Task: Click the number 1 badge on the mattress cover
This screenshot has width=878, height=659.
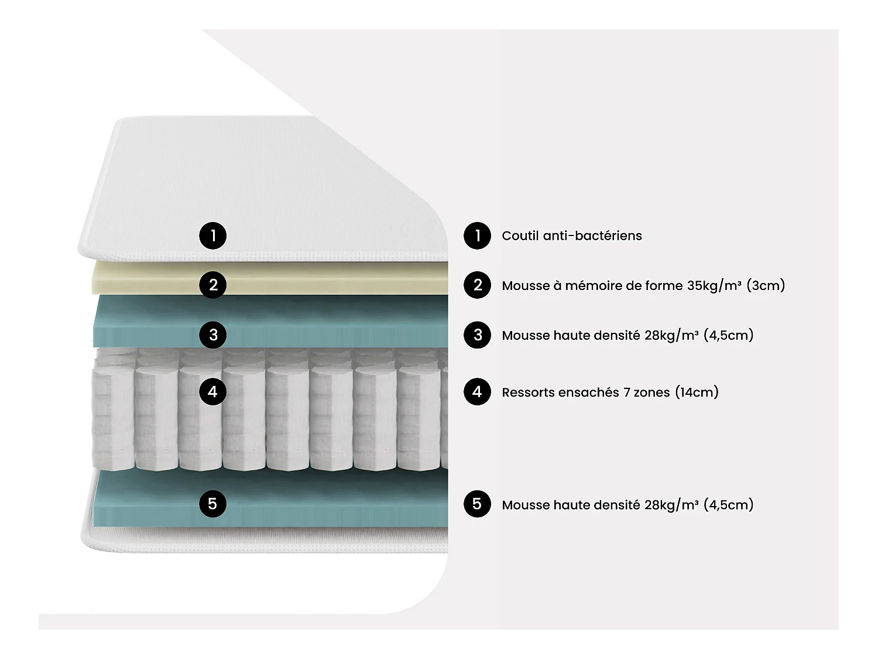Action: (x=213, y=235)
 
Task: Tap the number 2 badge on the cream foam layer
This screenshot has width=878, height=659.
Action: (x=213, y=285)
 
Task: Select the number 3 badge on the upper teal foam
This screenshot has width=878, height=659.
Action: (x=213, y=335)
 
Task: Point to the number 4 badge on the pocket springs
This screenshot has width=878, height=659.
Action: (x=213, y=392)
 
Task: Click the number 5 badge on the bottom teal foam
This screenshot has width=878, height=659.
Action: (x=213, y=504)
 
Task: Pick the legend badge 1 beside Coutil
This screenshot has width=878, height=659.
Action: (x=477, y=235)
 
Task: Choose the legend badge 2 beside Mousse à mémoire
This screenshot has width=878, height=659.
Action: (x=477, y=285)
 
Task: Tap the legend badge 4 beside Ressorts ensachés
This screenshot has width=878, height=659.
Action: (x=477, y=392)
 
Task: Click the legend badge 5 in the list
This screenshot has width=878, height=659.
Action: (x=477, y=504)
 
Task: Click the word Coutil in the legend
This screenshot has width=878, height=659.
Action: (x=520, y=235)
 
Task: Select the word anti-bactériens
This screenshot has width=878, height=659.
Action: (x=592, y=235)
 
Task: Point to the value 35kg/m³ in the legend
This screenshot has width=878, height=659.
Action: (x=714, y=286)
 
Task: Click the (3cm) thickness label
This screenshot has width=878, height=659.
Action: (x=766, y=286)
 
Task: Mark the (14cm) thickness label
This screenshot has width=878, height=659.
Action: (x=697, y=392)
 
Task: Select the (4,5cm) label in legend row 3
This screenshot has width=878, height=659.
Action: (x=728, y=335)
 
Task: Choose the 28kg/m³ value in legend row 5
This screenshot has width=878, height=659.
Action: (x=671, y=505)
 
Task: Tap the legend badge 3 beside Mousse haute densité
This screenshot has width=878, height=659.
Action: (x=477, y=335)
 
